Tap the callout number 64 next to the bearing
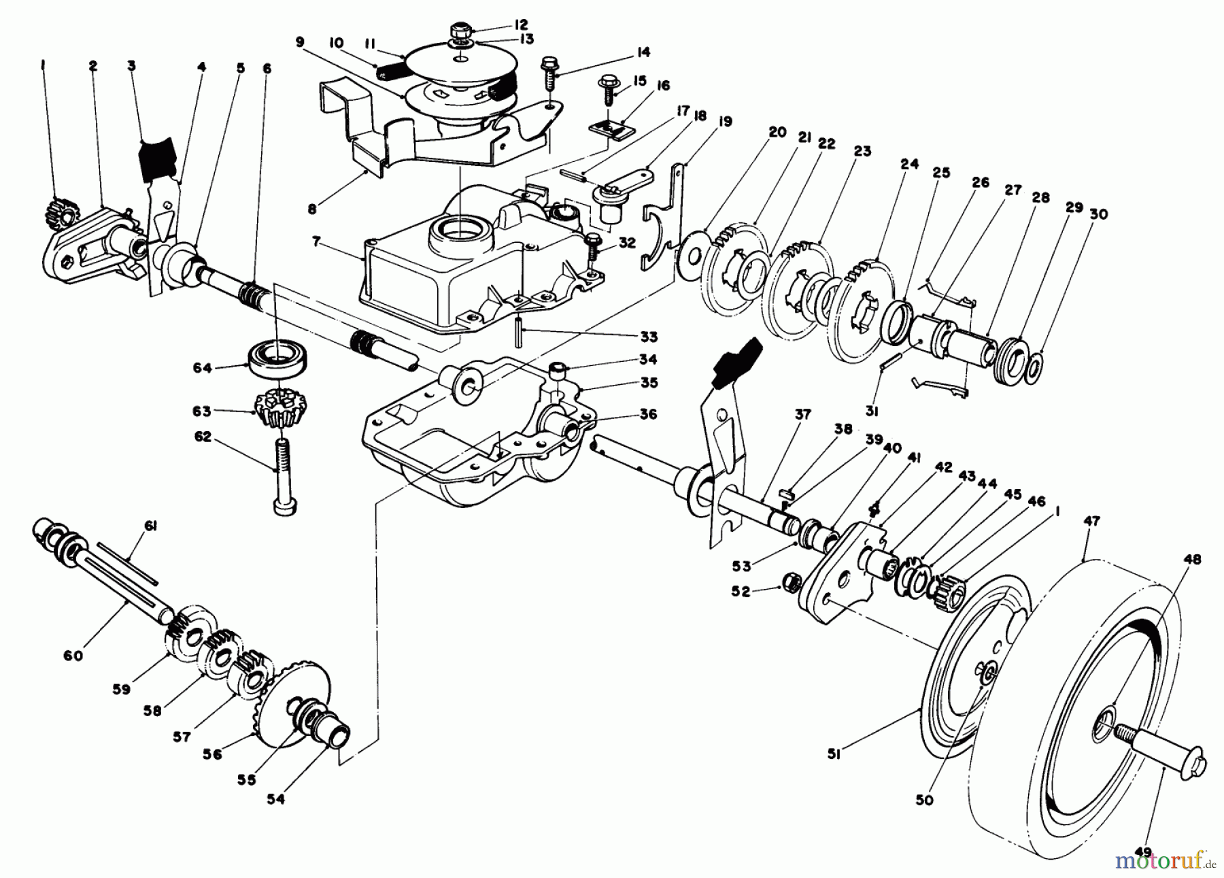pyautogui.click(x=203, y=368)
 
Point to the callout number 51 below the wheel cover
pyautogui.click(x=834, y=773)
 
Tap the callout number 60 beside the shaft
pyautogui.click(x=73, y=655)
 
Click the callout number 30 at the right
pyautogui.click(x=1099, y=214)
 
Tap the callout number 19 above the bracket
pyautogui.click(x=725, y=122)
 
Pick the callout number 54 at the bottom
pyautogui.click(x=275, y=799)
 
